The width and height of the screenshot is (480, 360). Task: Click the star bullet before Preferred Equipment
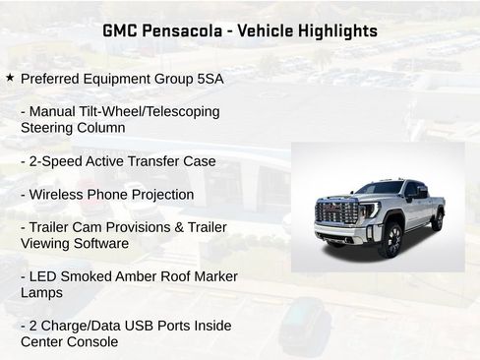click(10, 77)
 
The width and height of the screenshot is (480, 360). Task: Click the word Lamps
click(42, 292)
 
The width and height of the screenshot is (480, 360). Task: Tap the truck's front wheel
click(390, 239)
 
